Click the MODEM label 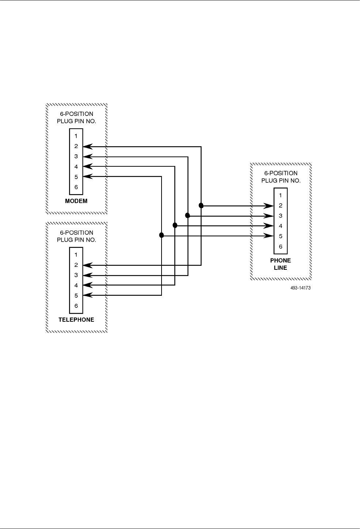76,201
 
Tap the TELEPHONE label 76,320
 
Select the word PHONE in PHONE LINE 280,261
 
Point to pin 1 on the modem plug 76,136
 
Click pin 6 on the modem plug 76,187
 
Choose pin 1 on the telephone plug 76,254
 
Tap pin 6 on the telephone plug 76,306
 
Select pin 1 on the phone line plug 280,195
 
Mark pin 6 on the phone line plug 280,246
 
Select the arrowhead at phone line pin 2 270,206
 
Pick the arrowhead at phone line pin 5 270,236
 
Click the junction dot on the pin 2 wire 201,205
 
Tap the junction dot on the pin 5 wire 162,235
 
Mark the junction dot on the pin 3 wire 188,216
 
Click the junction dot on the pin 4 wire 175,226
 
